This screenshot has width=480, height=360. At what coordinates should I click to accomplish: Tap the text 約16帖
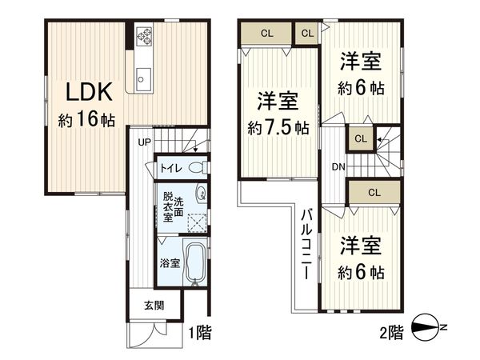[x=86, y=120]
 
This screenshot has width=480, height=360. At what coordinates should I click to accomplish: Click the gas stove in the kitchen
[x=145, y=36]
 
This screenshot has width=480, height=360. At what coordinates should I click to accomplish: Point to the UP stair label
[x=144, y=142]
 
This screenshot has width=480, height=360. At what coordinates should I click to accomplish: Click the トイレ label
[x=170, y=168]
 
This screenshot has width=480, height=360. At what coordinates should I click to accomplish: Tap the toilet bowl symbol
[x=201, y=167]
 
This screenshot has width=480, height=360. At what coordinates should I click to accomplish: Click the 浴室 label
[x=169, y=262]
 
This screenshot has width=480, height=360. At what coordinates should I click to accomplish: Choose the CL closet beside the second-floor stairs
[x=361, y=138]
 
